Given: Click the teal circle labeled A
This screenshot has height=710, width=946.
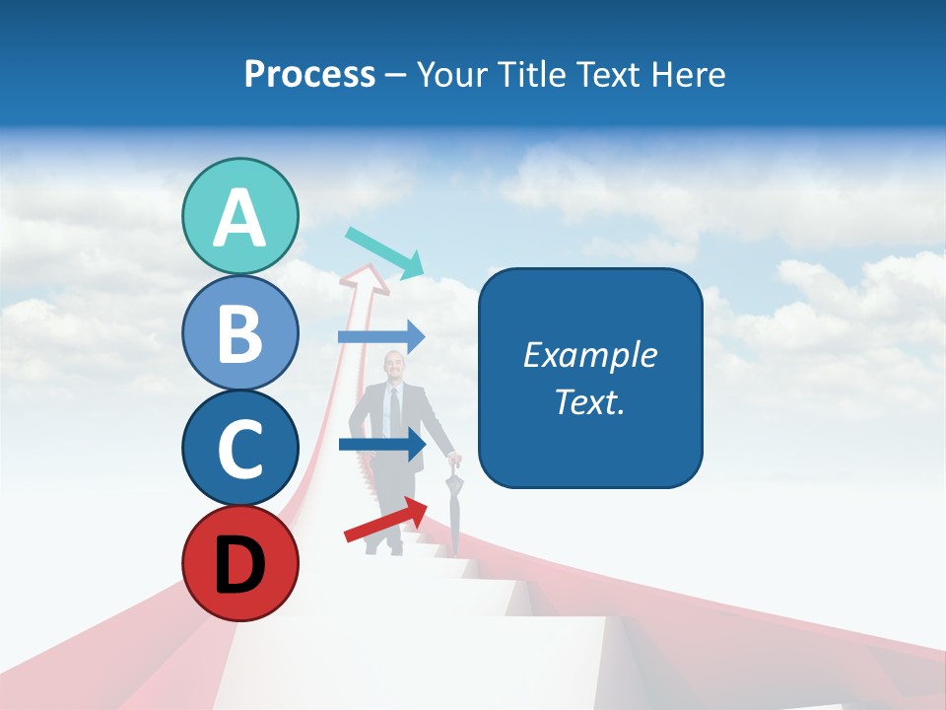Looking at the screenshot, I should (240, 217).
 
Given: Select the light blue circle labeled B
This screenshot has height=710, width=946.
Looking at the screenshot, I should (240, 333).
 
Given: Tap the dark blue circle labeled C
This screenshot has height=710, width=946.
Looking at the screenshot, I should (240, 448).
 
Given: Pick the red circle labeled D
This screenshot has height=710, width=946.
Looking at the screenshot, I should (240, 563).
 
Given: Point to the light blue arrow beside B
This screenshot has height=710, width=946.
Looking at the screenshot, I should (382, 337).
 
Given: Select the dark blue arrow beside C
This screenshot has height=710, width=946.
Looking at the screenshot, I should (382, 445).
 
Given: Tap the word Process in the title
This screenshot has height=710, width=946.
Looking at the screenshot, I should (309, 75).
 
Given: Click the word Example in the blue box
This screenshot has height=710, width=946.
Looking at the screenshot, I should (589, 355).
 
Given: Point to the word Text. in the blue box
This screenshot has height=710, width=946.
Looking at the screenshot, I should (589, 401).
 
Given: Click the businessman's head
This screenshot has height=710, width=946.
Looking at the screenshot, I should (393, 371).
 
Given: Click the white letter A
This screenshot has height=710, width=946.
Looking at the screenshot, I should (240, 218).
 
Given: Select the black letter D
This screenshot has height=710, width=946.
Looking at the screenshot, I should (240, 565).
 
